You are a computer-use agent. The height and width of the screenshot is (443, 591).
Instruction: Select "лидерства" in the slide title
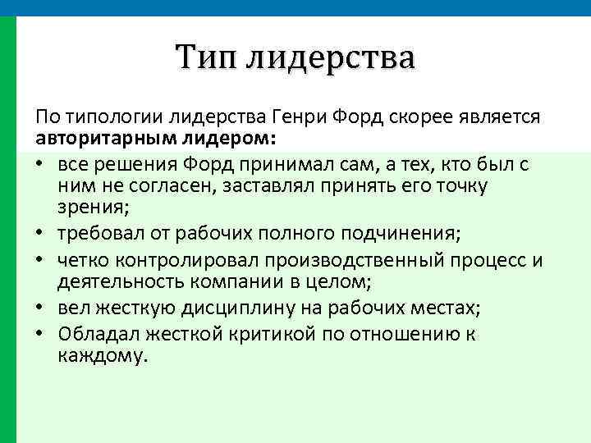[332, 57]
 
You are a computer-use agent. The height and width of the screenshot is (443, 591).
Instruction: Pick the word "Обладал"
[95, 335]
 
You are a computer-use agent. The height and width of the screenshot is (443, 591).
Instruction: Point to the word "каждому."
[100, 357]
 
